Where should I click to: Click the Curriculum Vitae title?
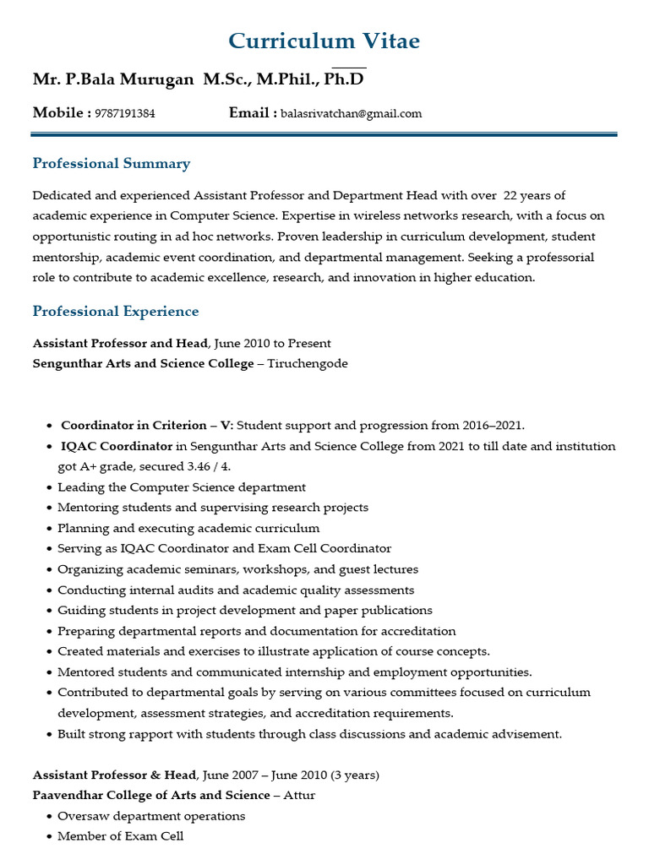tap(324, 41)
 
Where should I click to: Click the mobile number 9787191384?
tap(125, 114)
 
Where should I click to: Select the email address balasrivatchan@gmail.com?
tap(351, 114)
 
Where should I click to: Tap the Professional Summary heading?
tap(111, 164)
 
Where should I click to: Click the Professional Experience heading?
tap(116, 312)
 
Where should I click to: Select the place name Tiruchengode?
tap(308, 363)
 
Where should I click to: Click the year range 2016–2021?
tap(498, 426)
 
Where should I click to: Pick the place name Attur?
tap(300, 795)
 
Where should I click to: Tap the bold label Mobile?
tap(58, 113)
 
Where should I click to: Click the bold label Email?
tap(249, 113)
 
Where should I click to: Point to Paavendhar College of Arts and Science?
tap(150, 795)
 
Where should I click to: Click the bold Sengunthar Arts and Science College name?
tap(143, 363)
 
